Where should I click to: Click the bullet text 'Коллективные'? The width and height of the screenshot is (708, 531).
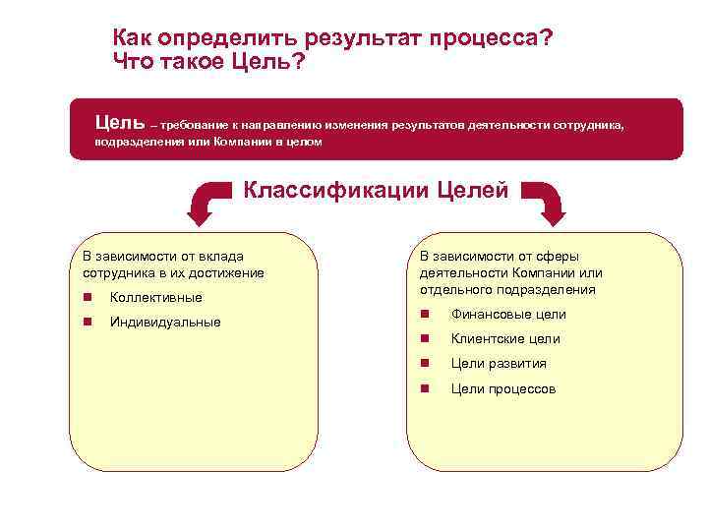pos(156,297)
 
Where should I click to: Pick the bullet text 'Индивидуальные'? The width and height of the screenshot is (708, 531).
pos(165,322)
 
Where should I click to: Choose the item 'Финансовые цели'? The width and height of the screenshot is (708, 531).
pos(508,315)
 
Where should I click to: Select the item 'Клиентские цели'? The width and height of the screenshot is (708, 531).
pos(505,339)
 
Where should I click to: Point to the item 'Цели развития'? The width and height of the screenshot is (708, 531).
pos(499,364)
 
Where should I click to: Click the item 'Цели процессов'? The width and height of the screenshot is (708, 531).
pos(503,388)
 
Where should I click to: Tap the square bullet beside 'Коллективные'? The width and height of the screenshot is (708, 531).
pos(88,297)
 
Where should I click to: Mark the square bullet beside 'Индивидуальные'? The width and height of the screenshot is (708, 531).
pos(88,322)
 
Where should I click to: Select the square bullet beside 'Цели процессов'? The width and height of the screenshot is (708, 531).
pos(424,388)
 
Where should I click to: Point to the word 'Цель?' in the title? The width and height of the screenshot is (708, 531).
pos(265,64)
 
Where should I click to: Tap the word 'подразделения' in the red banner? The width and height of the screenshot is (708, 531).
pos(133,142)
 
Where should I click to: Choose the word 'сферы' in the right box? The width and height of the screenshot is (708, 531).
pos(560,256)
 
